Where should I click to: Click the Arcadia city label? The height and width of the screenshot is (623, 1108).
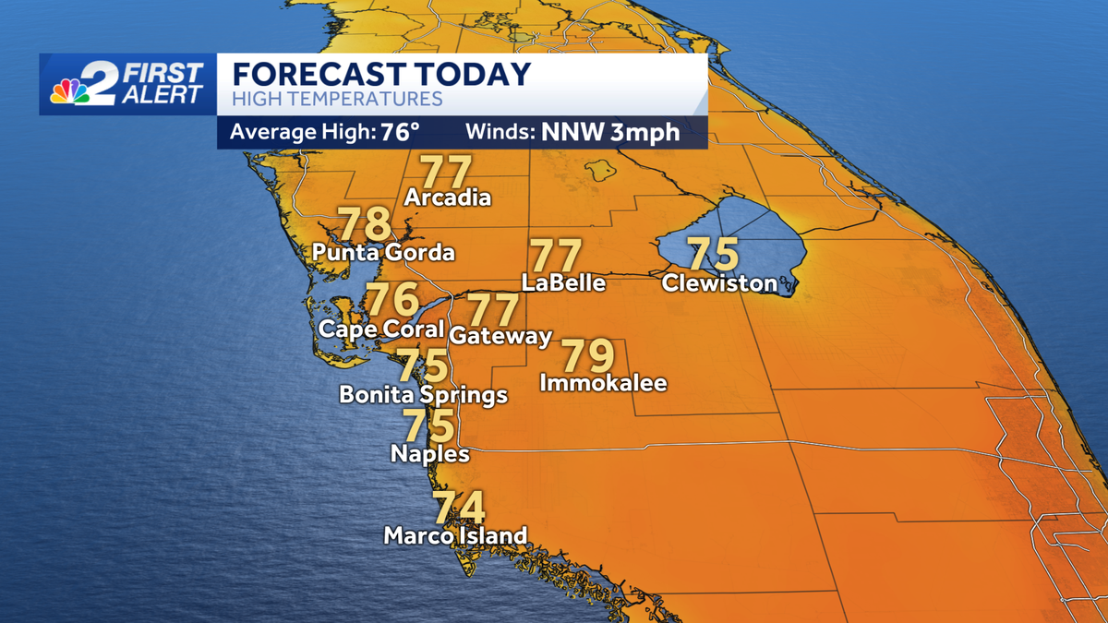point(448,198)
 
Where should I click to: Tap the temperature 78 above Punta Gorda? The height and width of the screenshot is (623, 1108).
point(365,224)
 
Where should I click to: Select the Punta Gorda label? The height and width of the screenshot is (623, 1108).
point(383,252)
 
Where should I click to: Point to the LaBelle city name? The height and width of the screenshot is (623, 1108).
point(563,282)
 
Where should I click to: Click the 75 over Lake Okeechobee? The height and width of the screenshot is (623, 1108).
point(714,253)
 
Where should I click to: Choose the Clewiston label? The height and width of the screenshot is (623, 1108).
point(719,282)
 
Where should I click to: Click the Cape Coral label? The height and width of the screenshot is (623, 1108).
point(381,329)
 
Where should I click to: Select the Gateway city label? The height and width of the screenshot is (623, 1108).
point(500,336)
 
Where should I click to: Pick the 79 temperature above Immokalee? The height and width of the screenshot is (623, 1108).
point(588,355)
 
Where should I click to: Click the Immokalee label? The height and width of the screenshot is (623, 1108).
point(603,382)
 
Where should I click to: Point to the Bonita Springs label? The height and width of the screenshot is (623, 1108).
point(424,395)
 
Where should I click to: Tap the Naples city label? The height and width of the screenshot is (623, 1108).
point(430,453)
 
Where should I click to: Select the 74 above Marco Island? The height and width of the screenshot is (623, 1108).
point(459,508)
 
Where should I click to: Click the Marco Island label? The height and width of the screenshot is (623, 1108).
point(455,535)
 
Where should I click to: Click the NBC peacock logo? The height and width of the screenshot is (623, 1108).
point(70,90)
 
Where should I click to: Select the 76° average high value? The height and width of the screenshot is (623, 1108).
point(394,132)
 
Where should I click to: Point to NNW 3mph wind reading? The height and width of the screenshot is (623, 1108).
point(610,132)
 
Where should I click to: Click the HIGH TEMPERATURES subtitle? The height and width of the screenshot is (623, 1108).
point(337,99)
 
